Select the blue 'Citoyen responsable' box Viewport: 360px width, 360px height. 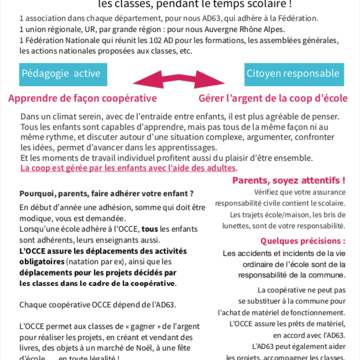(296, 76)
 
